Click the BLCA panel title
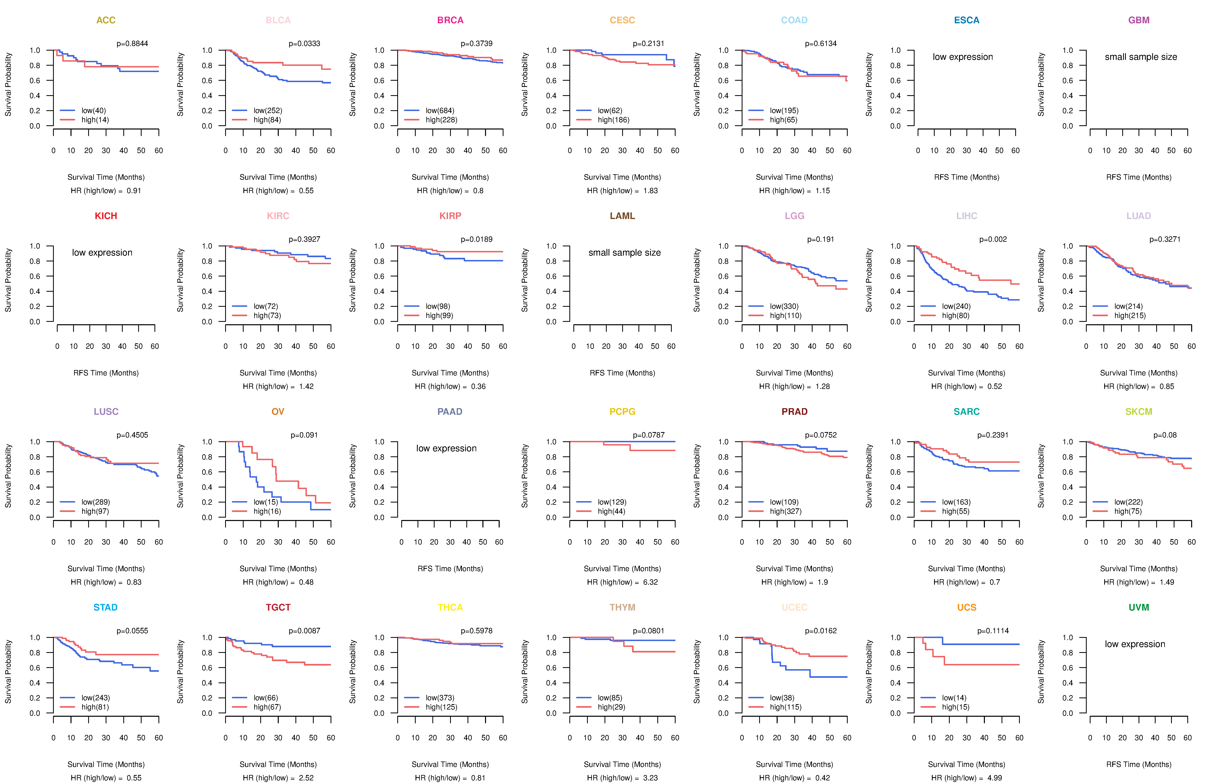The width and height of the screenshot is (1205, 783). (x=278, y=20)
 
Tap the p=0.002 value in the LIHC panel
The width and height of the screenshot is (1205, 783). (x=993, y=239)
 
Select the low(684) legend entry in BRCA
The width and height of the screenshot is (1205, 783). (x=439, y=110)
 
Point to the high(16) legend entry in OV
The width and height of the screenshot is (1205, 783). (x=267, y=511)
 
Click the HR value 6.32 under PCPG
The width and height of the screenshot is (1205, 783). (x=650, y=582)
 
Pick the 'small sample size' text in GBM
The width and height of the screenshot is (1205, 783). (x=1141, y=57)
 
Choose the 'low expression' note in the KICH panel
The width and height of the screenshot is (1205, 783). (x=102, y=253)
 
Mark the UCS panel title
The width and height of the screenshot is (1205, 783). (x=967, y=607)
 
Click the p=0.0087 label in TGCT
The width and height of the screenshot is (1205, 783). (x=304, y=631)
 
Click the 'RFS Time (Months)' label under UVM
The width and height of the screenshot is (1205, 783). (x=1139, y=764)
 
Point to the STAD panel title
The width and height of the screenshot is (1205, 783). (x=105, y=607)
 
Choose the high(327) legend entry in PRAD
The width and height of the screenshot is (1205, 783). (x=785, y=511)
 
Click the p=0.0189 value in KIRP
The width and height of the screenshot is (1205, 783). (x=476, y=239)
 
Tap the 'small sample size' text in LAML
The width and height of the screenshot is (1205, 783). (x=624, y=253)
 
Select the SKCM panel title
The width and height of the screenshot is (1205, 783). (x=1139, y=412)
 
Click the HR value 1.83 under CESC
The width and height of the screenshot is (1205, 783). (x=650, y=191)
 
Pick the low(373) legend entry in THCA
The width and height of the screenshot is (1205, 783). (x=439, y=697)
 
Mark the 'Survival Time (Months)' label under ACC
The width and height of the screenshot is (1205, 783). (x=106, y=177)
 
